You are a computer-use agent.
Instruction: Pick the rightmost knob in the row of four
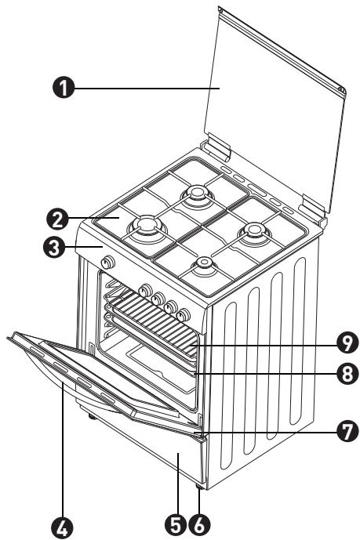tap(184, 315)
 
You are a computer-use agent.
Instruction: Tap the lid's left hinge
tap(214, 146)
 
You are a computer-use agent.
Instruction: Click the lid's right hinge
tap(312, 208)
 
